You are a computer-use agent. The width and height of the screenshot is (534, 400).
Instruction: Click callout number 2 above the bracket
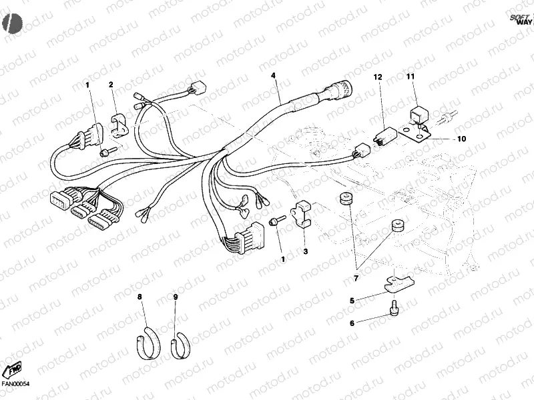[x=111, y=84]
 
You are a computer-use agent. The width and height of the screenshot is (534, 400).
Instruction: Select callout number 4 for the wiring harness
[x=273, y=75]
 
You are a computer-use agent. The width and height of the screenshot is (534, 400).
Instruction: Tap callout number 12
[x=377, y=78]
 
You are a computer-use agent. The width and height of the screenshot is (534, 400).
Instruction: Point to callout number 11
[x=411, y=78]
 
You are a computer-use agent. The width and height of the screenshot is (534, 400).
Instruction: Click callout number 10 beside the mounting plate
[x=461, y=139]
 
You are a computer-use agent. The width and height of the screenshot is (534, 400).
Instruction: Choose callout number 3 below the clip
[x=305, y=251]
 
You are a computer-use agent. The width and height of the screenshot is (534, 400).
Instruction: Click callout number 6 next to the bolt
[x=352, y=323]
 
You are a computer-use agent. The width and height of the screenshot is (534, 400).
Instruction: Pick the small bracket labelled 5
[x=396, y=283]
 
